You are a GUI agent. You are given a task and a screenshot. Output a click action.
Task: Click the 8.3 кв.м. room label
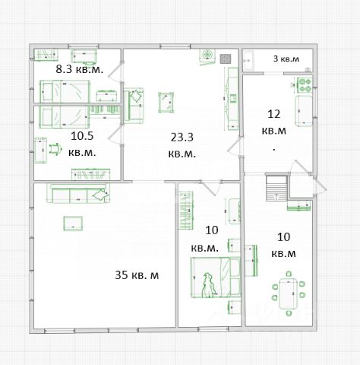point(80,69)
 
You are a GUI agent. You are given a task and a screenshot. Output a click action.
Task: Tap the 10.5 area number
point(82,136)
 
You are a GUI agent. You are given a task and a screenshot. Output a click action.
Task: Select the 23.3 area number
point(182,138)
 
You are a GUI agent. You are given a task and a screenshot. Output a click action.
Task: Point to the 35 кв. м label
point(137,275)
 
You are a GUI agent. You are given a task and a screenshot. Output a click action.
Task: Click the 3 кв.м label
point(286,59)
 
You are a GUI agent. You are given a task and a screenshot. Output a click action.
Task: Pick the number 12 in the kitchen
point(274,114)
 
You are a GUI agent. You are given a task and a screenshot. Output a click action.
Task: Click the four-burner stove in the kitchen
point(305,85)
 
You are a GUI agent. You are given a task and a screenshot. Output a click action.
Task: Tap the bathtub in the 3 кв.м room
point(248,61)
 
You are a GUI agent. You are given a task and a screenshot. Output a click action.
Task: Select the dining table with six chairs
point(289,294)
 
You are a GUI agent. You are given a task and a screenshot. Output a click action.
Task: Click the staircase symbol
point(276,188)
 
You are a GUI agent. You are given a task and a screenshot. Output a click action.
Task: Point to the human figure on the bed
point(208,285)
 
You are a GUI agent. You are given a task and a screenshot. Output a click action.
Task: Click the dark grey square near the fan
point(226,59)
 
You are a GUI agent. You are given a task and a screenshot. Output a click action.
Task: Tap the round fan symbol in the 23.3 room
point(207,55)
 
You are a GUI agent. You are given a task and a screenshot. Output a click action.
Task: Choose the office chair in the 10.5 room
point(55,149)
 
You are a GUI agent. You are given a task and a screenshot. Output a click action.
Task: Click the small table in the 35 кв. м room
point(73,224)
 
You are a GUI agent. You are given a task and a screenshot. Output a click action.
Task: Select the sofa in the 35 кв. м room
point(78,193)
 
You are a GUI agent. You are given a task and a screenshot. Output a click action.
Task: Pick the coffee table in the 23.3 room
point(166,103)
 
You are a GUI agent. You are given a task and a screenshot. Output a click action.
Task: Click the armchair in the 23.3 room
point(134,106)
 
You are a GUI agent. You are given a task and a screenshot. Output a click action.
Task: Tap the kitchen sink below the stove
point(304,111)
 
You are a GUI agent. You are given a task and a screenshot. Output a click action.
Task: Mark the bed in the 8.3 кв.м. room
point(65,91)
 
